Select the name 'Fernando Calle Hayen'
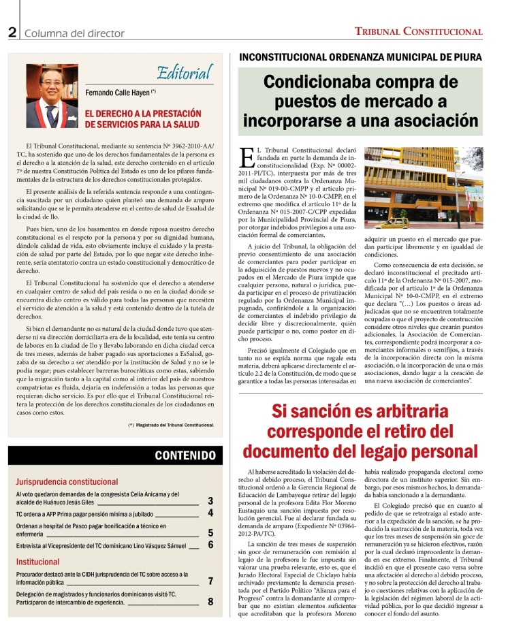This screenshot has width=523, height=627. click(x=118, y=93)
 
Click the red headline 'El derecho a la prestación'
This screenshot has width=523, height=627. click(x=143, y=113)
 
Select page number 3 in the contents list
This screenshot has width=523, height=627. click(x=210, y=500)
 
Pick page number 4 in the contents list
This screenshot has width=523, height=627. click(x=210, y=513)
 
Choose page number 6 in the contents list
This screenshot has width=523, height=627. click(x=210, y=545)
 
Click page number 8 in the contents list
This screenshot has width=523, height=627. click(x=210, y=601)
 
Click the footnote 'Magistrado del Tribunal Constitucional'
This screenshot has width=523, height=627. click(x=171, y=425)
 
